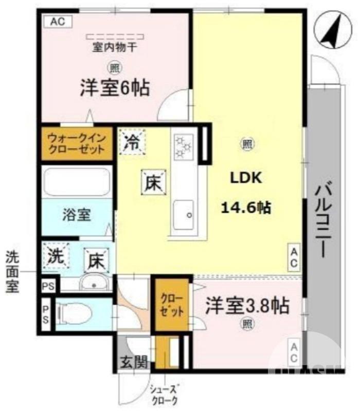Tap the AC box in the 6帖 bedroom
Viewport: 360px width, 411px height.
tap(58, 22)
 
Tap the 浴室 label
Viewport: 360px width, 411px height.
tap(77, 215)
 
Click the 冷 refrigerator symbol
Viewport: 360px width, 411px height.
tap(133, 142)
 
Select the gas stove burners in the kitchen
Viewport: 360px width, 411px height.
tap(183, 145)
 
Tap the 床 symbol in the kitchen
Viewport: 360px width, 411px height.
tap(153, 182)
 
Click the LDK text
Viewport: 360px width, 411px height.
tap(246, 178)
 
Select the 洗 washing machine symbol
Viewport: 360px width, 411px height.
tap(57, 255)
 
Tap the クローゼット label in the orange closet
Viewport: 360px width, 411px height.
tap(170, 305)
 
